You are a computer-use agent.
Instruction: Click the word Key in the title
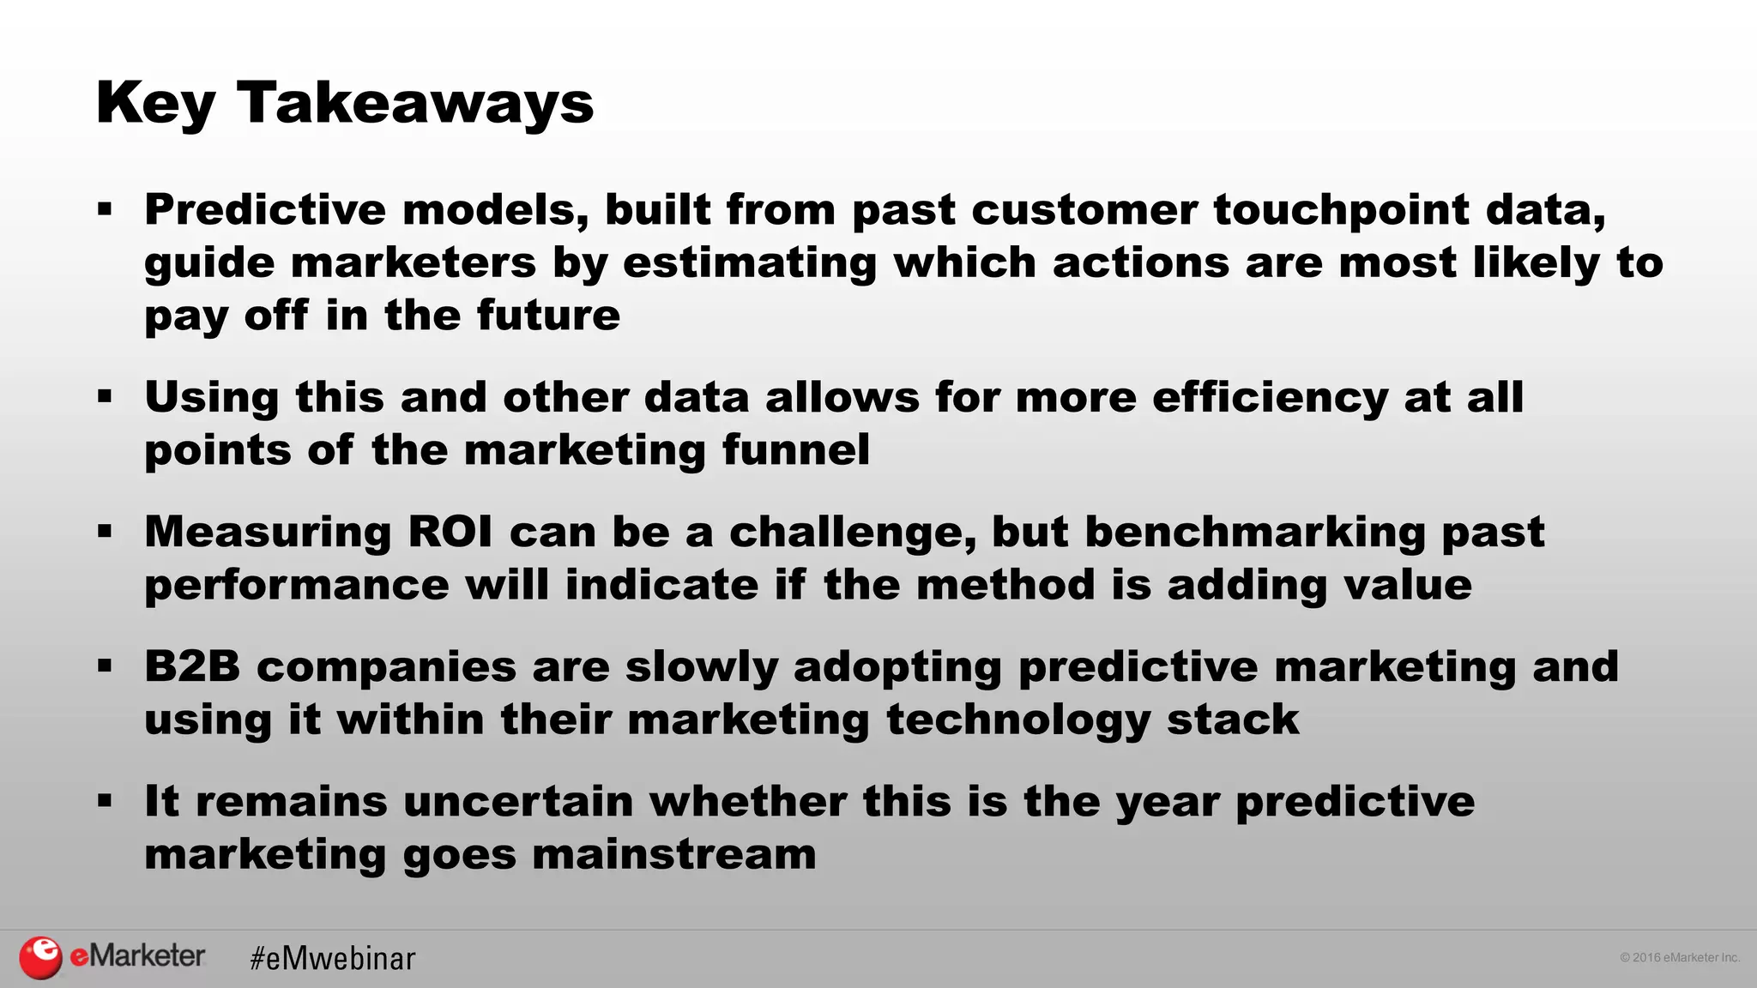tap(155, 105)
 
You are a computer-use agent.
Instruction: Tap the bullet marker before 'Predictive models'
tap(105, 208)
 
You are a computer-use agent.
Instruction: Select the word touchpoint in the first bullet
tap(1341, 211)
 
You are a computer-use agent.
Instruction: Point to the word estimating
tap(749, 263)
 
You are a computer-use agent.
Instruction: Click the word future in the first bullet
tap(548, 315)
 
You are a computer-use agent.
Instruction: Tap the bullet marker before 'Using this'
tap(105, 396)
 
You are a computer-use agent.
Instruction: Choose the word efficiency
tap(1270, 399)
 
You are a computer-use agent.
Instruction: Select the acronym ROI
tap(450, 532)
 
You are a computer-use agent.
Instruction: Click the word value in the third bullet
tap(1407, 585)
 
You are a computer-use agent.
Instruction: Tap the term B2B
tap(192, 666)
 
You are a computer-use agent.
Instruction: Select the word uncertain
tap(517, 801)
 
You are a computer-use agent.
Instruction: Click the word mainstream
tap(673, 854)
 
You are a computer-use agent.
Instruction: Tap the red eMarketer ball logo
tap(40, 957)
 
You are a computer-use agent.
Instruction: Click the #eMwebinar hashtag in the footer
tap(333, 958)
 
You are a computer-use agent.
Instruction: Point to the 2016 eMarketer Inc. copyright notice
tap(1679, 957)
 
